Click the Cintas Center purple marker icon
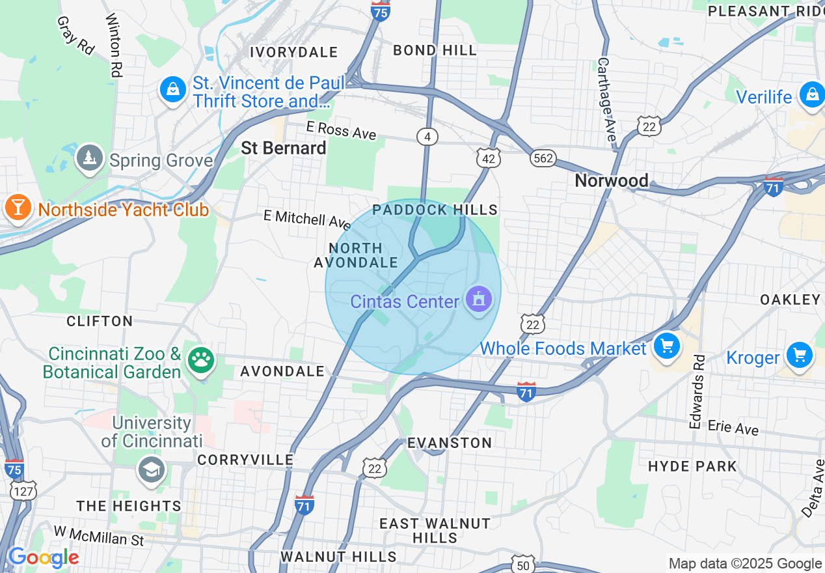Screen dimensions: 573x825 480,300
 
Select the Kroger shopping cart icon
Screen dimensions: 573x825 799,356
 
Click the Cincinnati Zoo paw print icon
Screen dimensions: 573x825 200,359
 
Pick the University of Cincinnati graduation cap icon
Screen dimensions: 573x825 152,469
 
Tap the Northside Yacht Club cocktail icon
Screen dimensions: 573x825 18,208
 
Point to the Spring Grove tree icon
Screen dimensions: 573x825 89,158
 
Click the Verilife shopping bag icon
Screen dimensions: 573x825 812,96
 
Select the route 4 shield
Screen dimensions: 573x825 427,137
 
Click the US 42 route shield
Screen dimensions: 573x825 489,157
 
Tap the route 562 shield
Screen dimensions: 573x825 542,158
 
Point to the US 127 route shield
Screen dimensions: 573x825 24,490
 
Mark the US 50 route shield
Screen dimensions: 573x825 523,564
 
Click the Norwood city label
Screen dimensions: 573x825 611,180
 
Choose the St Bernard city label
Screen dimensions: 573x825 284,148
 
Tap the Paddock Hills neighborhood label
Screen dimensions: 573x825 435,210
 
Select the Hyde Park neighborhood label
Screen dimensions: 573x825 692,466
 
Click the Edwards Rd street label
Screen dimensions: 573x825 697,392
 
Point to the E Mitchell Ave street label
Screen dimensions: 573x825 307,218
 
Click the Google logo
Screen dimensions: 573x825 43,557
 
